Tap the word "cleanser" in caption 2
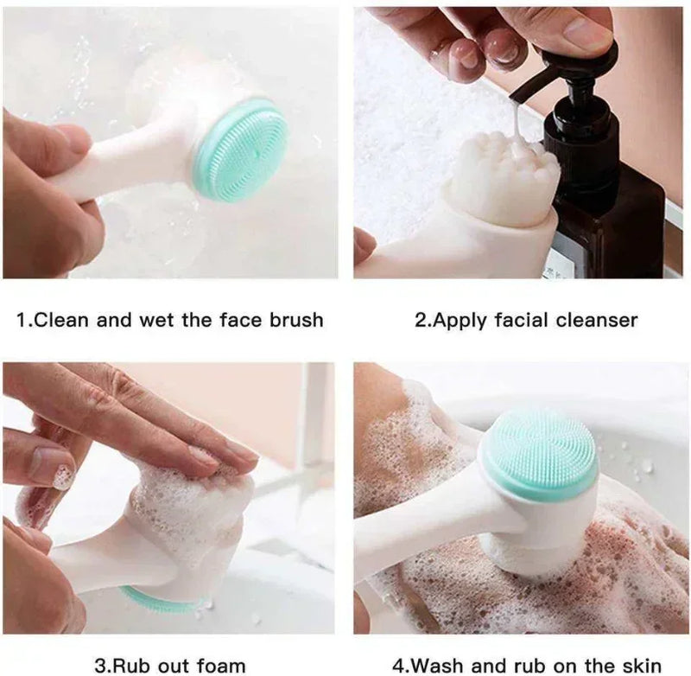[x=595, y=320]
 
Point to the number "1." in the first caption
[x=26, y=320]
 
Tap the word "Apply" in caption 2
[x=459, y=320]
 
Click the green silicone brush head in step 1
[x=241, y=150]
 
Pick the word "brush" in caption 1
[x=293, y=320]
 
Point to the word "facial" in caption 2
[x=522, y=320]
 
